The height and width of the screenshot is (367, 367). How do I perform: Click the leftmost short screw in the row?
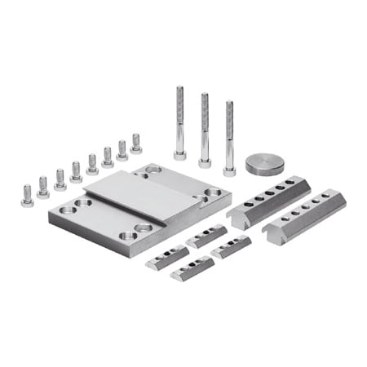click(27, 195)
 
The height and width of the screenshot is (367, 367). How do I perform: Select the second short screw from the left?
click(43, 188)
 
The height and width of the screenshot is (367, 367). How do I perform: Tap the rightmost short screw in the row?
click(136, 144)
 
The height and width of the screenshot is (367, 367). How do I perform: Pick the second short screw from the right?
click(122, 149)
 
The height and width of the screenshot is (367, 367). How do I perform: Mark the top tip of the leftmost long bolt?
click(179, 88)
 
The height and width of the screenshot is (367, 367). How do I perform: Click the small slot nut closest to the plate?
click(205, 237)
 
